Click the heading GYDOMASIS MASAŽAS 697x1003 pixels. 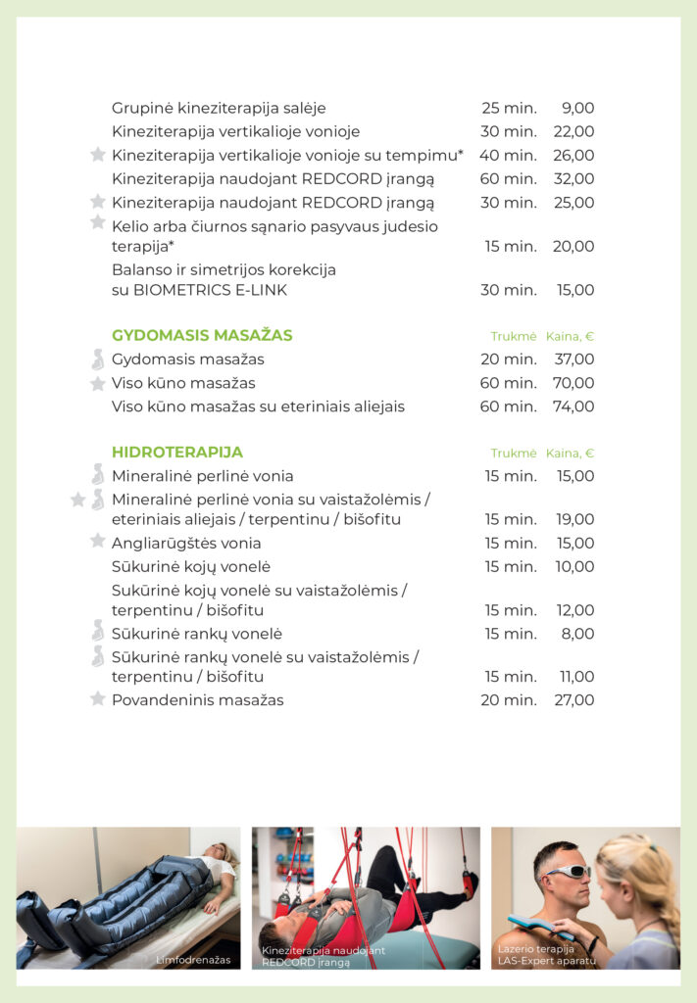point(202,335)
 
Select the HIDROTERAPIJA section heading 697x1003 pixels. point(177,453)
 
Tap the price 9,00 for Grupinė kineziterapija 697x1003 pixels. point(577,108)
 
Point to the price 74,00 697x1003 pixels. point(573,406)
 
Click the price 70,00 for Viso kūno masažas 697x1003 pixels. point(573,383)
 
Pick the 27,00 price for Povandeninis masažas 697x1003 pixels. point(573,699)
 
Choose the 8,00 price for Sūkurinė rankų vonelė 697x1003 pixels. point(577,634)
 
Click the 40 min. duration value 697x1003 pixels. point(509,155)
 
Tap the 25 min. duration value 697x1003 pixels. point(509,108)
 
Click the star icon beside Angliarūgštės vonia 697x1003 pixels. point(98,541)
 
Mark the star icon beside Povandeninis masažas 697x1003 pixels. point(98,698)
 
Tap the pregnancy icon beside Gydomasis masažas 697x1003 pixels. point(98,359)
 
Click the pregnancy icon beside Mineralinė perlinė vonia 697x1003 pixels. point(98,475)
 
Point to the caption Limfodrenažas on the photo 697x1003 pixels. point(193,960)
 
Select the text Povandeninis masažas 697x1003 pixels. point(197,699)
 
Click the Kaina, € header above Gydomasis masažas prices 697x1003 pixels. point(571,336)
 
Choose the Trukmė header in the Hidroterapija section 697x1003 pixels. point(514,454)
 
